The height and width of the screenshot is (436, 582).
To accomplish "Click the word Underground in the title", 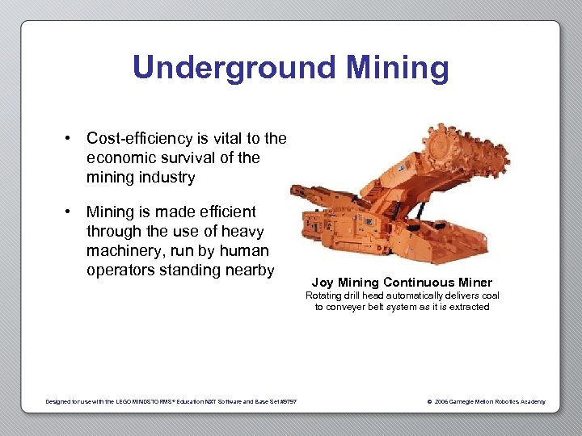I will coord(230,68).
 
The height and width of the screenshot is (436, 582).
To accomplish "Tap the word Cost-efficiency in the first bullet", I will coord(139,138).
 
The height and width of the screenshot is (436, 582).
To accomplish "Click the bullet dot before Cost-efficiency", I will coord(70,138).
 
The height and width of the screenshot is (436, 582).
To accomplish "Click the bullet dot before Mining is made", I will coord(70,212).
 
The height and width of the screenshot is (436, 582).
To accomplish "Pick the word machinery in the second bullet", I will coord(124,251).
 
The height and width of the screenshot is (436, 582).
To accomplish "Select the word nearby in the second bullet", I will coord(248,270).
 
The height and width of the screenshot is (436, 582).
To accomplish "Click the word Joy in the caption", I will coord(323,283).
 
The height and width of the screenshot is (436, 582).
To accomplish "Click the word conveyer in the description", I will coord(350,307).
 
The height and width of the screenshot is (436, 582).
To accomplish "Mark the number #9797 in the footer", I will coord(287,401).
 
